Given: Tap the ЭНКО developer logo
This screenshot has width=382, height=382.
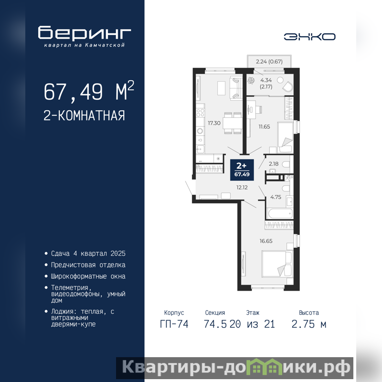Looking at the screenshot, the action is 309,37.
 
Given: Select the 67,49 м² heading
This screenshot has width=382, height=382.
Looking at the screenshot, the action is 89,91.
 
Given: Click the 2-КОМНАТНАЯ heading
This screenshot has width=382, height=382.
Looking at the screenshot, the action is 85,116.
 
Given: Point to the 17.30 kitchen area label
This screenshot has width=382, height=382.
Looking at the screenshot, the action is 214,123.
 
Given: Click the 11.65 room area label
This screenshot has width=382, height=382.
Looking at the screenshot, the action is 265,127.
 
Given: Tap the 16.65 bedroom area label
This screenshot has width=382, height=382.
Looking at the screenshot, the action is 266,241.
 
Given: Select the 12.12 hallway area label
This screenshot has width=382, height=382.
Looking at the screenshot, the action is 242,187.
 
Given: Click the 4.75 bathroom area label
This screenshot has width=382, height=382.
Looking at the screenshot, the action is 276,197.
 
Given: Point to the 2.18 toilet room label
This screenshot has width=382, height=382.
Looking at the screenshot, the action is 274,164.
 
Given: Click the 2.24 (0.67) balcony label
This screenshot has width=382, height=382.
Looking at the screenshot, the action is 269,62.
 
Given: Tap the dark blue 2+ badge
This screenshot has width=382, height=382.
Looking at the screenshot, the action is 242,170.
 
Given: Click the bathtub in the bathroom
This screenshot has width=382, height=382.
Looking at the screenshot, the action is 280,213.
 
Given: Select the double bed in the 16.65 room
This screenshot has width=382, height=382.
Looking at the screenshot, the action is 277,264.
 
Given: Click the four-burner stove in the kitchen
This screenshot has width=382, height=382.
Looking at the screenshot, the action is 201,113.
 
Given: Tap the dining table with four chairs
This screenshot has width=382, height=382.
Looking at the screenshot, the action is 233,123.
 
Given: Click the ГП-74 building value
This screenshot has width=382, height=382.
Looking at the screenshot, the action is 174,324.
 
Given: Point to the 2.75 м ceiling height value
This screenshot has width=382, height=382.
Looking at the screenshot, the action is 308,324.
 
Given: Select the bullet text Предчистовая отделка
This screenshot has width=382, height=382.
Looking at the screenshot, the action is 88,265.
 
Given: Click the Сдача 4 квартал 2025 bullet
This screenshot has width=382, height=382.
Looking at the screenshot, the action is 88,254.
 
